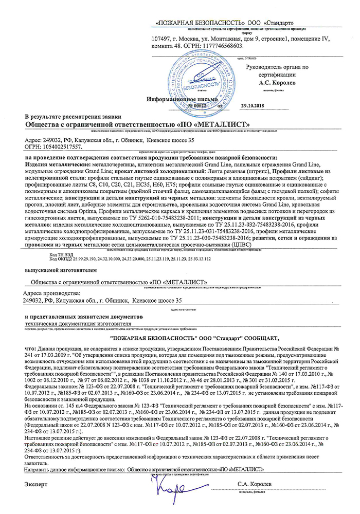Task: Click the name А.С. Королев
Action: point(277,82)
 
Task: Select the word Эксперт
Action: point(36,484)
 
